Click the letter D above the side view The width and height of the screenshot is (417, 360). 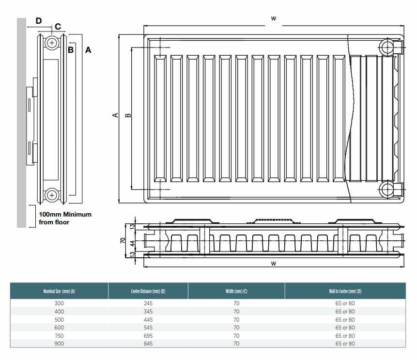pos(39,20)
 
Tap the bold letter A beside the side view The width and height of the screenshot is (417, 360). pos(88,49)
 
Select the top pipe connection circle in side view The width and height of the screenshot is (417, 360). pos(52,44)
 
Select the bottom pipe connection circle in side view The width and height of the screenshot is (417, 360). pos(52,195)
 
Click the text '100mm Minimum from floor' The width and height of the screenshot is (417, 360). pos(65,218)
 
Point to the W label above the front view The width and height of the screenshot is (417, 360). pos(274,18)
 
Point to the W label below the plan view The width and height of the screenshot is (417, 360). pos(274,263)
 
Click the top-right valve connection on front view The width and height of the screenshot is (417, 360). pos(388,47)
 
